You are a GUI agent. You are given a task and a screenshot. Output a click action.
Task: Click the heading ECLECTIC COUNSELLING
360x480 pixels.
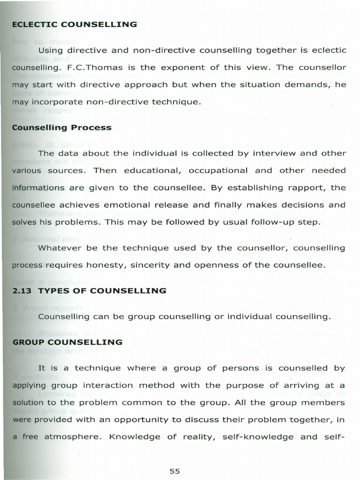click(x=75, y=24)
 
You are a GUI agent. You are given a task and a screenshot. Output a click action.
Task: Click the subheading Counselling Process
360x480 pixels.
click(x=62, y=127)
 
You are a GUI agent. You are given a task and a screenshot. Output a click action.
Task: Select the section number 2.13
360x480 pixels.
click(x=22, y=291)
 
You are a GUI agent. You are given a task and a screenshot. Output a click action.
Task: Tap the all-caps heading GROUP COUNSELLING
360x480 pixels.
click(x=67, y=342)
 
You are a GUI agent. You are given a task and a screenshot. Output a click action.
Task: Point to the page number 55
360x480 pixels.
click(x=175, y=471)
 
